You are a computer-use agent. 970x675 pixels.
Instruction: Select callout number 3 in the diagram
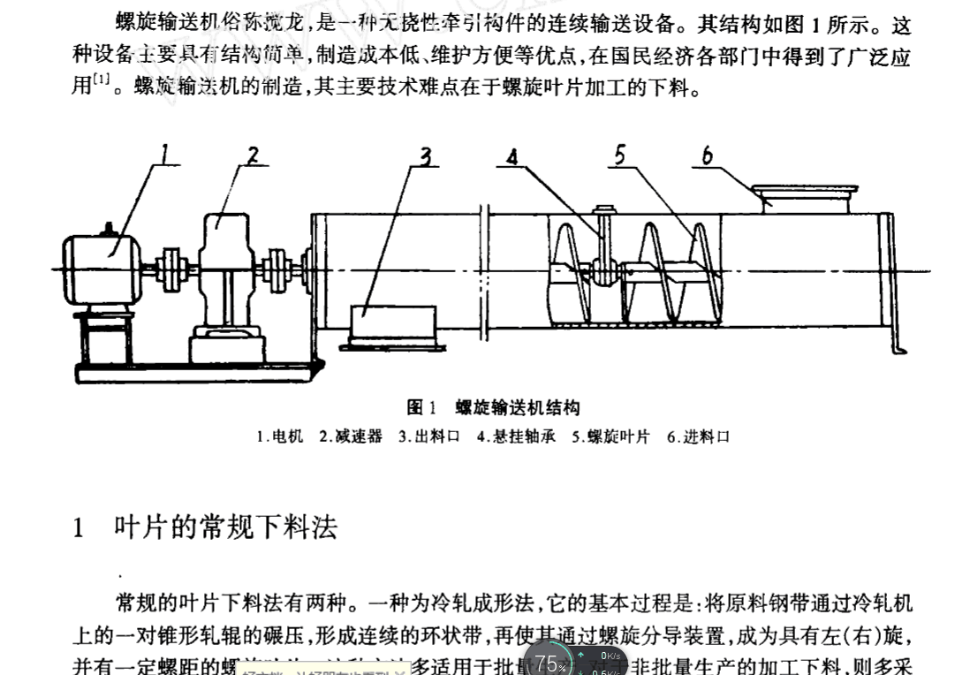tap(426, 156)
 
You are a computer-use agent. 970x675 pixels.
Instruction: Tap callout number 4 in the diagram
tap(513, 156)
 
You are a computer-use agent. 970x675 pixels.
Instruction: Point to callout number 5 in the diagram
tap(620, 155)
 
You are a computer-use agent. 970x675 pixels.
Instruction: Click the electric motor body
tap(102, 255)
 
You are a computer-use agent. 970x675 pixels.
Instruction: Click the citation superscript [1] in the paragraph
tap(102, 83)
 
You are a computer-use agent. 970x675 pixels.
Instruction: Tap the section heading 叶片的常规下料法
tap(225, 527)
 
